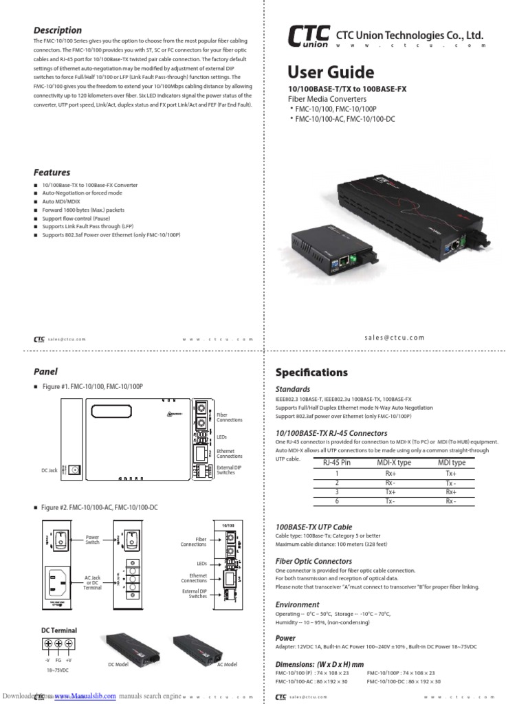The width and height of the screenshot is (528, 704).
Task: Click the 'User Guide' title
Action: coord(330,73)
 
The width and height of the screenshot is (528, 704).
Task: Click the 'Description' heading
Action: coord(58,30)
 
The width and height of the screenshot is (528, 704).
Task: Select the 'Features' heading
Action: coord(52,173)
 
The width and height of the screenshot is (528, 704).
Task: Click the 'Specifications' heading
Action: coord(311,373)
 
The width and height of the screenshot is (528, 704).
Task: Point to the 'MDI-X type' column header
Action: coord(394,463)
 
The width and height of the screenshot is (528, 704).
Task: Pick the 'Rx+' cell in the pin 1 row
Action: coord(390,474)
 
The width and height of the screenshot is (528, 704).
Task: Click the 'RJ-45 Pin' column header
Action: coord(337,463)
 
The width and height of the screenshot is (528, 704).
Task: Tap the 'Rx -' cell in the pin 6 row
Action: coord(451,502)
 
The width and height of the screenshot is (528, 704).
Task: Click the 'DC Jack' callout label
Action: coord(49,470)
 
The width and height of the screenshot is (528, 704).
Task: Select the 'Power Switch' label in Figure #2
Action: coord(93,539)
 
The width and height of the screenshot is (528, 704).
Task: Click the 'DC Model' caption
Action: coord(118,664)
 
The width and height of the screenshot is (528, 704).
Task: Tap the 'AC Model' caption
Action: coord(227,664)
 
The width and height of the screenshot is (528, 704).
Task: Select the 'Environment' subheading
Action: coord(297,604)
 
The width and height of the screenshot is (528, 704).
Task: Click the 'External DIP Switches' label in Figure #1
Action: coord(225,470)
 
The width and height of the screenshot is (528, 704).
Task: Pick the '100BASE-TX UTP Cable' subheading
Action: coord(313,527)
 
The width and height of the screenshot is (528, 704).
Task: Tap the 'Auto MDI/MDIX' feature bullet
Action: coord(61,201)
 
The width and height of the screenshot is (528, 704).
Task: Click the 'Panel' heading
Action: coord(46,371)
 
